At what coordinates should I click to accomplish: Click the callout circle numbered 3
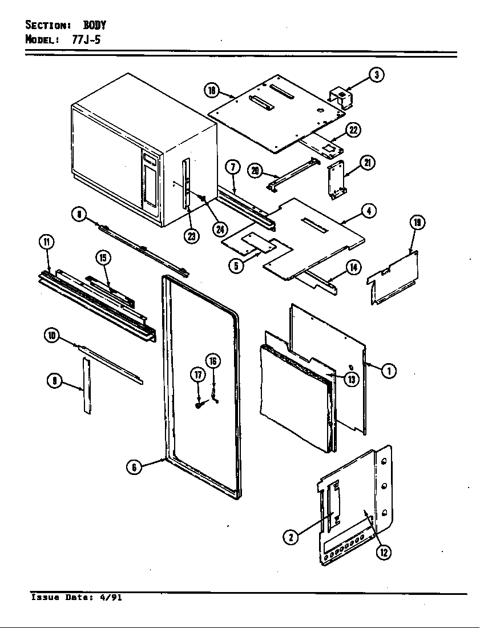376,75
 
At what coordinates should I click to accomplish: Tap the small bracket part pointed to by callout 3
341,97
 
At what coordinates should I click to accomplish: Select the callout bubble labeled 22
354,130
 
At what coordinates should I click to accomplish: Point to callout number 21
368,163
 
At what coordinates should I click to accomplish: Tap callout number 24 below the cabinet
219,229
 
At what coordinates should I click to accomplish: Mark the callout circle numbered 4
368,211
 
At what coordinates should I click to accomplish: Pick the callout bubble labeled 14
354,266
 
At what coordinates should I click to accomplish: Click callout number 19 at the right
417,223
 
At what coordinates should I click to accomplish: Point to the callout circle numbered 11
46,242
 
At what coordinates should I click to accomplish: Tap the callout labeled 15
103,258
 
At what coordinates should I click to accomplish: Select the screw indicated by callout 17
197,405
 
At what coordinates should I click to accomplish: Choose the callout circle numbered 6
134,466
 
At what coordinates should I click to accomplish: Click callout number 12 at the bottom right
384,551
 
